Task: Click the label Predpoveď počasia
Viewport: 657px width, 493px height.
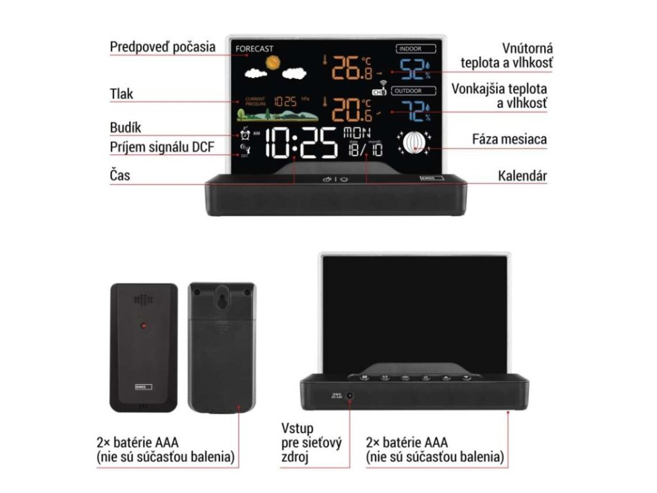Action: point(162,47)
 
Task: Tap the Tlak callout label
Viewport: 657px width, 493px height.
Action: point(121,94)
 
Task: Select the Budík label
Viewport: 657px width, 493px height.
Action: point(125,128)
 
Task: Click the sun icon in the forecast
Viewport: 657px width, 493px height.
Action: point(274,62)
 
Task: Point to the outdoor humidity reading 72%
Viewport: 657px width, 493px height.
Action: point(414,110)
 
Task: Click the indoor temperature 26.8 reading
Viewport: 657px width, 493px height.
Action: point(352,67)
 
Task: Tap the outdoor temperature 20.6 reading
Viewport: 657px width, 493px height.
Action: point(352,108)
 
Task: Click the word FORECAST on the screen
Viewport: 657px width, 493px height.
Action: point(255,48)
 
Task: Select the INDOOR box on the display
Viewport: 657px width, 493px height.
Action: point(416,48)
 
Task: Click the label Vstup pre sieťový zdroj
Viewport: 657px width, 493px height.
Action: point(311,442)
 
